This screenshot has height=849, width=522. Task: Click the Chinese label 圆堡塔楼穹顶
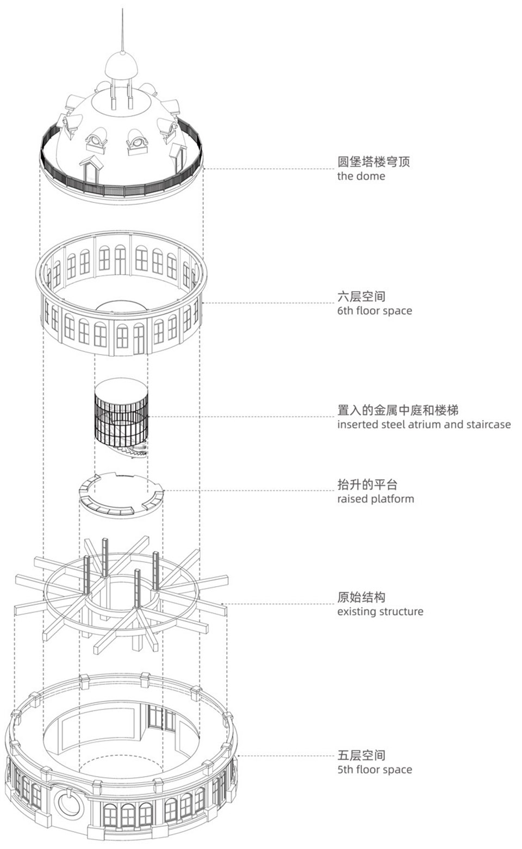373,162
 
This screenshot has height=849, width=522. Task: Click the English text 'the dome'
361,176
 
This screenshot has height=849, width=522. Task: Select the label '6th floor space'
374,311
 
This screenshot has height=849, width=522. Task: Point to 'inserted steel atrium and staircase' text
424,425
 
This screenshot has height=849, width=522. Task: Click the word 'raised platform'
375,499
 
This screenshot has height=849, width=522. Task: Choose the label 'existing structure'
380,612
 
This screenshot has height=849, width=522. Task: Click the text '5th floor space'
374,770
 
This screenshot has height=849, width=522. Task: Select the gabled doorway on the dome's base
90,169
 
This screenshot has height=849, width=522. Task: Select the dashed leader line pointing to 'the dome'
266,169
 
